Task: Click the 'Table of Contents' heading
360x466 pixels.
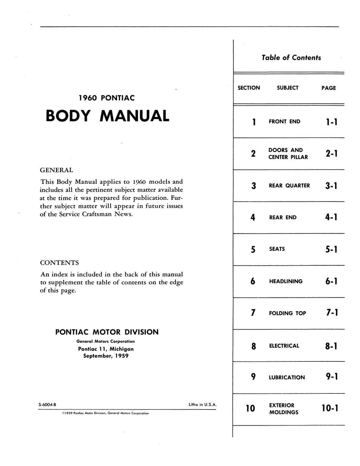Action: click(x=291, y=58)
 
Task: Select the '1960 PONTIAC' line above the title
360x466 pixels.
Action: click(x=106, y=97)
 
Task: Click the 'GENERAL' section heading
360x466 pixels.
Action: click(x=56, y=170)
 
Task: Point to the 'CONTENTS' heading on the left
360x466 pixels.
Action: click(x=59, y=263)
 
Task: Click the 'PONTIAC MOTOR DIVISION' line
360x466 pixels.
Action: click(x=106, y=332)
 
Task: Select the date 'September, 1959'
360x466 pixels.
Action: click(x=106, y=356)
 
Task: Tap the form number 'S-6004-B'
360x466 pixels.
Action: click(x=48, y=405)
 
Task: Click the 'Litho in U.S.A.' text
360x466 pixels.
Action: click(x=202, y=405)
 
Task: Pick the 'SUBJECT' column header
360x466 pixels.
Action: click(x=288, y=88)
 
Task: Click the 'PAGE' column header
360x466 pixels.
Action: click(x=328, y=88)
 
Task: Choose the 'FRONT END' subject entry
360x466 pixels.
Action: click(x=284, y=122)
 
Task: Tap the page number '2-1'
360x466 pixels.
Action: click(x=331, y=154)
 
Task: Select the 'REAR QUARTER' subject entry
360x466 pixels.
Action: click(x=289, y=186)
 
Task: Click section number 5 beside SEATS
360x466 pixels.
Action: click(x=253, y=249)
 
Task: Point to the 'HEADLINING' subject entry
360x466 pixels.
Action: click(x=285, y=281)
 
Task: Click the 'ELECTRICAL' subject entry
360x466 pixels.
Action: click(x=284, y=346)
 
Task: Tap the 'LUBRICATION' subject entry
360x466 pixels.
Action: click(x=287, y=378)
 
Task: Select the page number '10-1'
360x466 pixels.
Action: click(x=330, y=409)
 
